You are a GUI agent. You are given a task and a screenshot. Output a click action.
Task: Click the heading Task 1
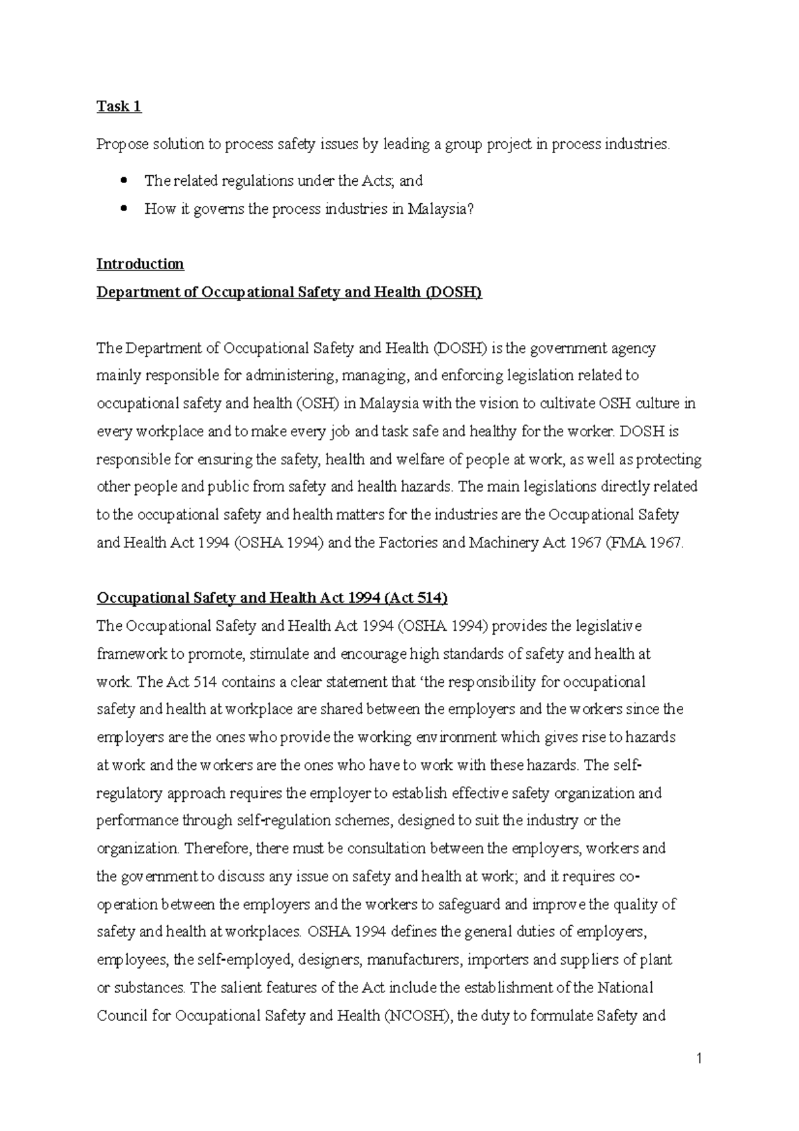click(x=119, y=107)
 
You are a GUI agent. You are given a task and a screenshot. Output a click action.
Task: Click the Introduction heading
click(x=140, y=264)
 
